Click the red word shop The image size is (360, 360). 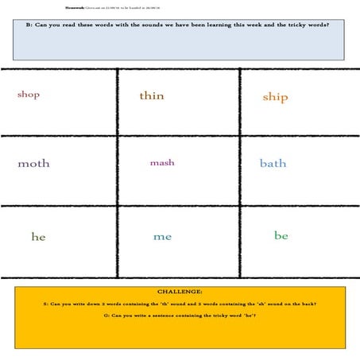point(29,95)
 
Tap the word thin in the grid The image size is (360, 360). point(152,96)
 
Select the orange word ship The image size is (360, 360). point(275,97)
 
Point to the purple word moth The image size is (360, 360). point(33,164)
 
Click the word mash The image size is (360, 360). point(162,163)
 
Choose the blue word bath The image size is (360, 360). point(273,164)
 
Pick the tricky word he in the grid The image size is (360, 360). point(38,237)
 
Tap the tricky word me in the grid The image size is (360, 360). point(162,237)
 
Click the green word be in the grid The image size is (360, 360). point(281,236)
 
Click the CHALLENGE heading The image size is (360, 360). point(180,292)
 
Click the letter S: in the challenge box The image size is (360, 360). point(45,304)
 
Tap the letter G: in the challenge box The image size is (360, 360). point(106,316)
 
